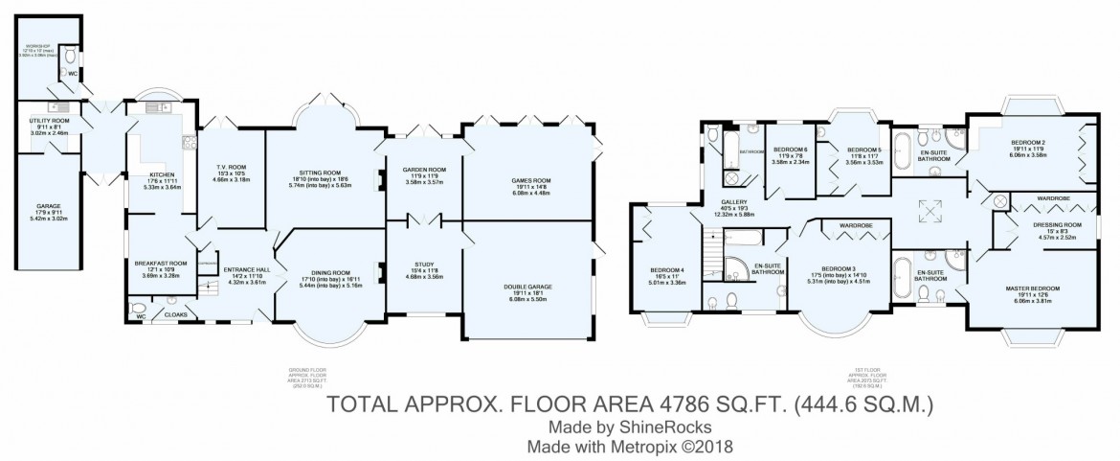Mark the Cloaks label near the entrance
click(x=175, y=313)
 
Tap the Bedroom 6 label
click(x=792, y=150)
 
